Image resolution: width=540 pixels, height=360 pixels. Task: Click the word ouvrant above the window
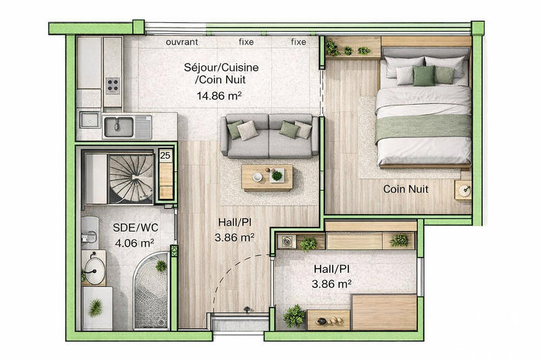tap(182, 42)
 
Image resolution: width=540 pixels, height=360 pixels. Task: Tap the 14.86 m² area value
tap(219, 95)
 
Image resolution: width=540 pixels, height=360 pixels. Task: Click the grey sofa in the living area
tap(269, 134)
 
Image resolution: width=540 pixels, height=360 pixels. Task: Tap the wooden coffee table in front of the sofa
tap(267, 178)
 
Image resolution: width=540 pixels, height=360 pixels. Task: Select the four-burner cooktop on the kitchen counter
tap(113, 85)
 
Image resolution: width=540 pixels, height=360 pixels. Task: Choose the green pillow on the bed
tap(424, 76)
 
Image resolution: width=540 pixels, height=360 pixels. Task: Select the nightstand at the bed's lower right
tap(463, 190)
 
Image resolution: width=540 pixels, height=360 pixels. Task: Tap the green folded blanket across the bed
tap(423, 126)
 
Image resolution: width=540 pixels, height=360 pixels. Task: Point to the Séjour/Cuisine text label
tap(222, 68)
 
